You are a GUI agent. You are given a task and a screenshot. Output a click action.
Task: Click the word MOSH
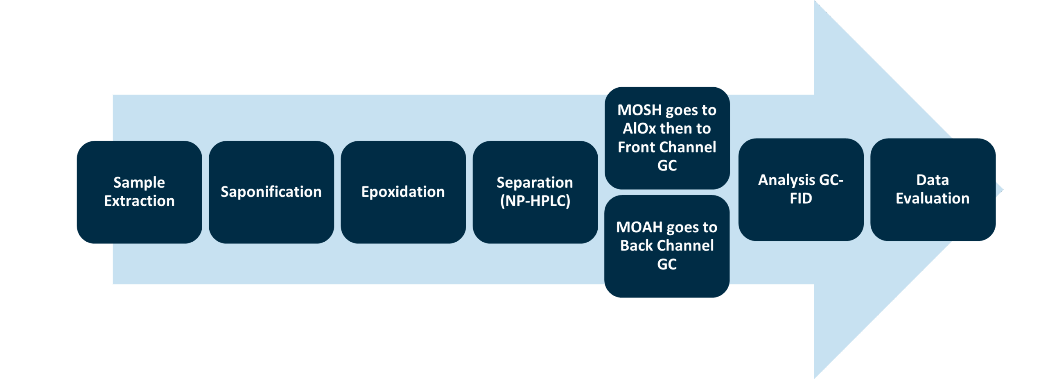(x=639, y=110)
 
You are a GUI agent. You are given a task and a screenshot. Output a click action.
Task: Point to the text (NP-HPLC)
(x=535, y=201)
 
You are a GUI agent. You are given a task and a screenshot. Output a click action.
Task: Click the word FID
(x=801, y=199)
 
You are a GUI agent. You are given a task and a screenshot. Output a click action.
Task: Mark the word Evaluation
(x=933, y=199)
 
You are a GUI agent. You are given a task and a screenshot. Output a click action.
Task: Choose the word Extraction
(x=139, y=201)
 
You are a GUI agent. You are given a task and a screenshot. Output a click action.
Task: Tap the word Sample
(x=139, y=182)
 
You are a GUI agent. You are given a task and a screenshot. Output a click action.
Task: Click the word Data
(x=933, y=180)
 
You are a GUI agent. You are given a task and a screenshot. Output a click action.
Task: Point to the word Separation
(x=535, y=182)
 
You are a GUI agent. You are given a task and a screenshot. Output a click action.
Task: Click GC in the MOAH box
(x=667, y=264)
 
